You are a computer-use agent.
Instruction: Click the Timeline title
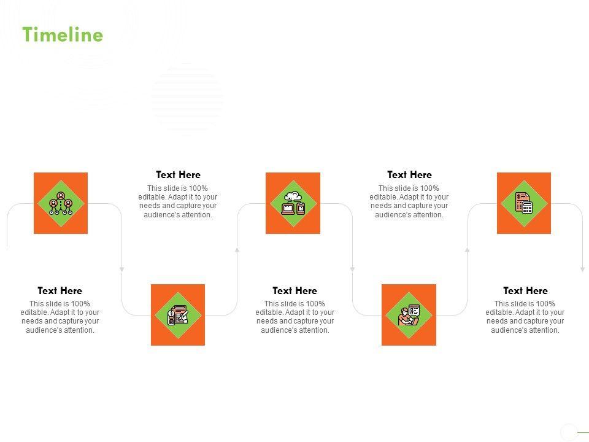(63, 34)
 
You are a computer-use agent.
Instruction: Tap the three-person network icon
(61, 204)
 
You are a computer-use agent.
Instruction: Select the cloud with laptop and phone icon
(293, 203)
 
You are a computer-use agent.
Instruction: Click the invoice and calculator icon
(524, 203)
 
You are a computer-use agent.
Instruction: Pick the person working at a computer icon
(409, 315)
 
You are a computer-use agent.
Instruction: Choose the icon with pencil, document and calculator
(178, 315)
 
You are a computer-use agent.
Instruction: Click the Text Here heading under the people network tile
(60, 290)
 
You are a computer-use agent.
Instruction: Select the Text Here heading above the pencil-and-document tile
(178, 174)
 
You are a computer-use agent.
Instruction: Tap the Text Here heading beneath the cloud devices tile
(295, 290)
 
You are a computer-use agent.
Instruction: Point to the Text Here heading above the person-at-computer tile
(409, 174)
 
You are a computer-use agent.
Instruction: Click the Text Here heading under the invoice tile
(526, 290)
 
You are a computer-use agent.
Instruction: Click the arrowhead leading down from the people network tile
(121, 269)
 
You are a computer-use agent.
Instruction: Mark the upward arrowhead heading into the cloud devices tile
(237, 249)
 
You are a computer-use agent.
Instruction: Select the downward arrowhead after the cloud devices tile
(352, 269)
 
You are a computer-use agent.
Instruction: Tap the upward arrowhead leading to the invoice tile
(468, 249)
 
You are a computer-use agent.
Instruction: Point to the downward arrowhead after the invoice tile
(583, 269)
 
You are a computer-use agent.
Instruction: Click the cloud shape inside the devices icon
(293, 196)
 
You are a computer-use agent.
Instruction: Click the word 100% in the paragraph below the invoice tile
(545, 304)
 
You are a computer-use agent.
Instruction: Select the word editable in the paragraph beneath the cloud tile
(268, 312)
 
